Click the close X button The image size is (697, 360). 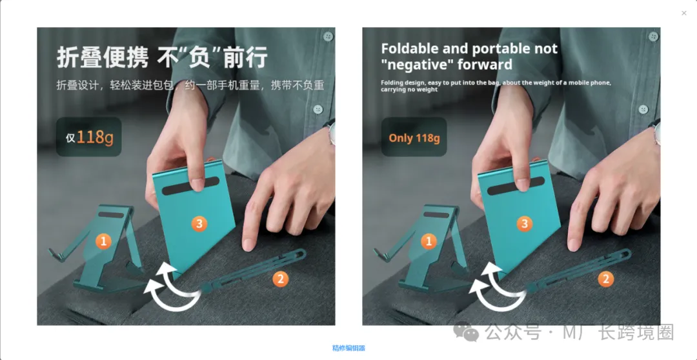(684, 14)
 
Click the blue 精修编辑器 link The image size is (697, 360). (348, 348)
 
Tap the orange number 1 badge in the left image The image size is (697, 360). (103, 241)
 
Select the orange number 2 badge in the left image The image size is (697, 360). (280, 279)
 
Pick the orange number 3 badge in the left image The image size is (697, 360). (199, 224)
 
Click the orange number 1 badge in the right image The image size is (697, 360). (429, 241)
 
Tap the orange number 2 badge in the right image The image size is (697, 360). (605, 279)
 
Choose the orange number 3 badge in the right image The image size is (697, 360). (525, 224)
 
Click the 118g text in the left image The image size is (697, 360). (95, 138)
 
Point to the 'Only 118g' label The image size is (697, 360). (414, 138)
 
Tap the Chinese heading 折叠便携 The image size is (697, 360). (102, 58)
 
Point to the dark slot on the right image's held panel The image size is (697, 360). (516, 186)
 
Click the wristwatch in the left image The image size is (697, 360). (332, 134)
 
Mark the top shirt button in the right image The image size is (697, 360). (653, 36)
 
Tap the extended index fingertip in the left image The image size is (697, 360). (248, 245)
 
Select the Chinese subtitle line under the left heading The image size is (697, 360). (190, 85)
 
